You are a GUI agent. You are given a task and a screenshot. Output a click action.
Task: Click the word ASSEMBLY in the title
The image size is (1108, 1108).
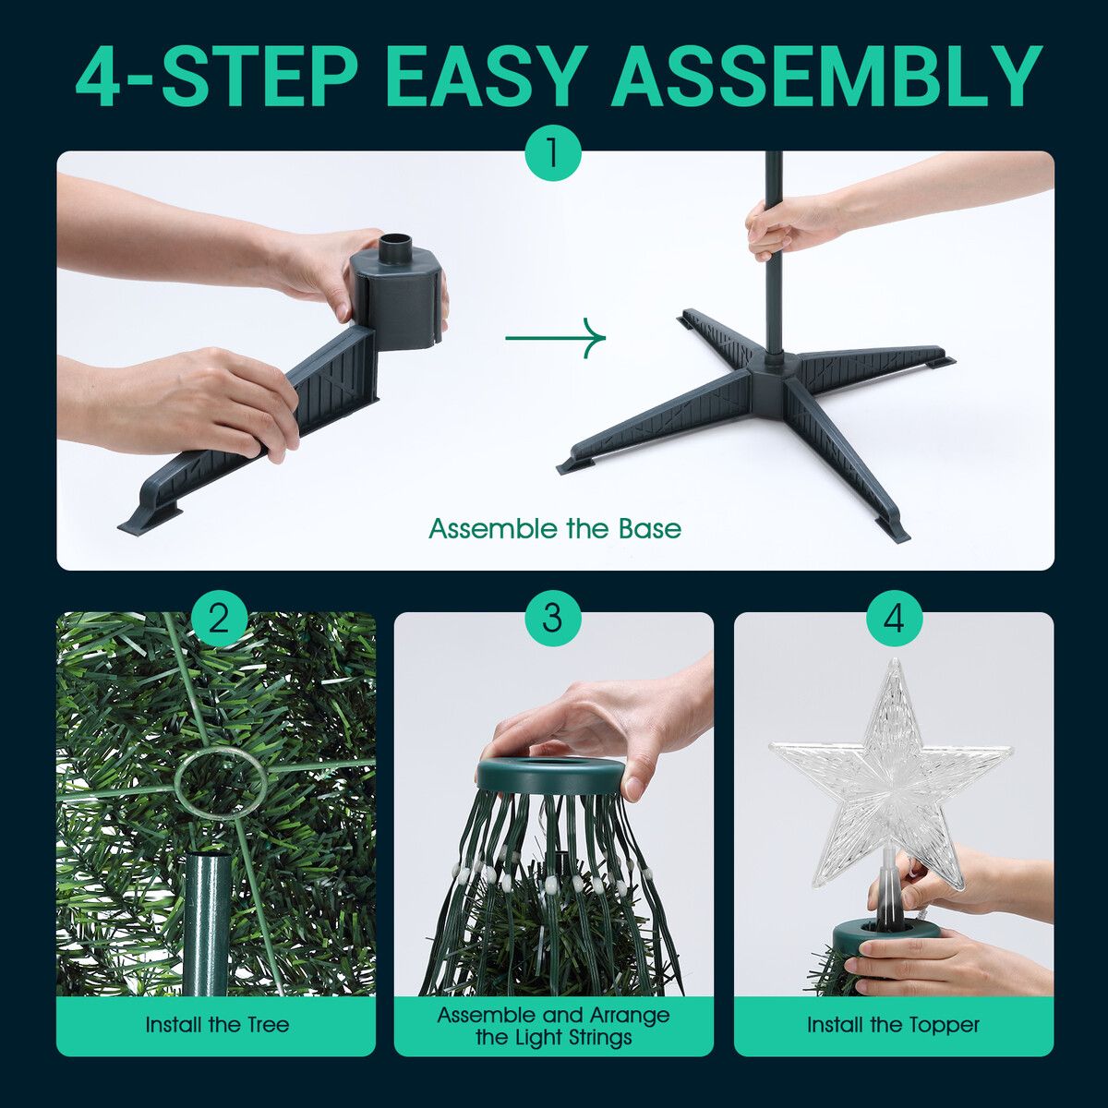(x=825, y=78)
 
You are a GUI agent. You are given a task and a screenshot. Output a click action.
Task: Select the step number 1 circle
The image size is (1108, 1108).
(x=553, y=154)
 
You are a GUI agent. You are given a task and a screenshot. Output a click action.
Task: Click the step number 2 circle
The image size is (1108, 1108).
(x=219, y=620)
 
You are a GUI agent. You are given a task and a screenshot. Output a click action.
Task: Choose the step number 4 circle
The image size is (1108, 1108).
(x=894, y=620)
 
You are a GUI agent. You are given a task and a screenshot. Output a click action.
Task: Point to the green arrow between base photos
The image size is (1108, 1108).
(x=556, y=338)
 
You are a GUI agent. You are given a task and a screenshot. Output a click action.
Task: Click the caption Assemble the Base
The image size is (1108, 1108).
(x=555, y=528)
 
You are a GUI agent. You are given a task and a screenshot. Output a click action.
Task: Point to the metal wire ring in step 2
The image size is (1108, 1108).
(x=221, y=780)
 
